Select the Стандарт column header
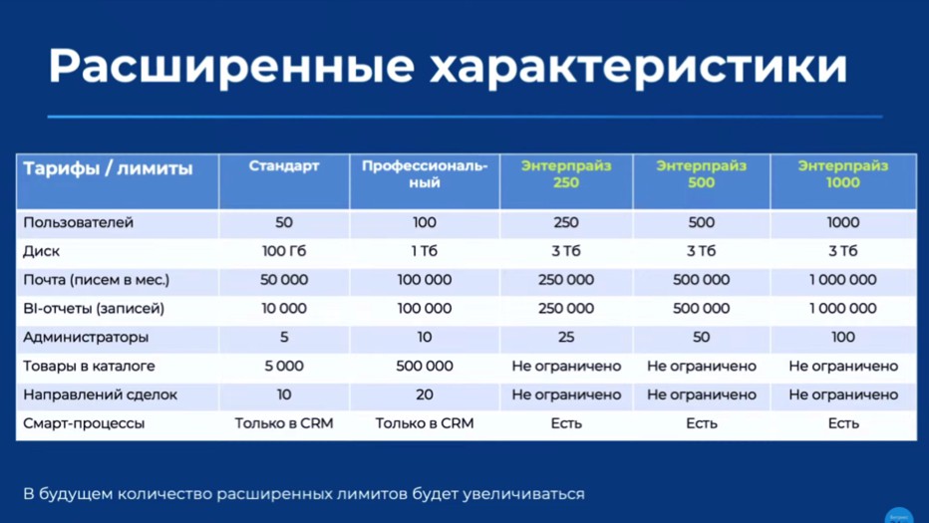[284, 166]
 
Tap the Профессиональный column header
[425, 174]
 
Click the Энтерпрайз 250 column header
[566, 174]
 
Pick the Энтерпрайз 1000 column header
[842, 174]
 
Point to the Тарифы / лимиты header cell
[108, 168]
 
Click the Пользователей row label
[79, 223]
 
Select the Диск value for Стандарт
[284, 251]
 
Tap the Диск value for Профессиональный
[425, 251]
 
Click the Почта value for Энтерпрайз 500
[702, 280]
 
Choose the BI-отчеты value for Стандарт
[284, 309]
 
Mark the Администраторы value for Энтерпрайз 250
[566, 338]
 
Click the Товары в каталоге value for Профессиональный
[425, 367]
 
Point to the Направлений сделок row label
[100, 394]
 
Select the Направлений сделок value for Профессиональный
[425, 394]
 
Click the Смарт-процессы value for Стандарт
[284, 423]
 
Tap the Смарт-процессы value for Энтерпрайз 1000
[842, 423]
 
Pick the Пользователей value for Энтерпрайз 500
[702, 223]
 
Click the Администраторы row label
[86, 338]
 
